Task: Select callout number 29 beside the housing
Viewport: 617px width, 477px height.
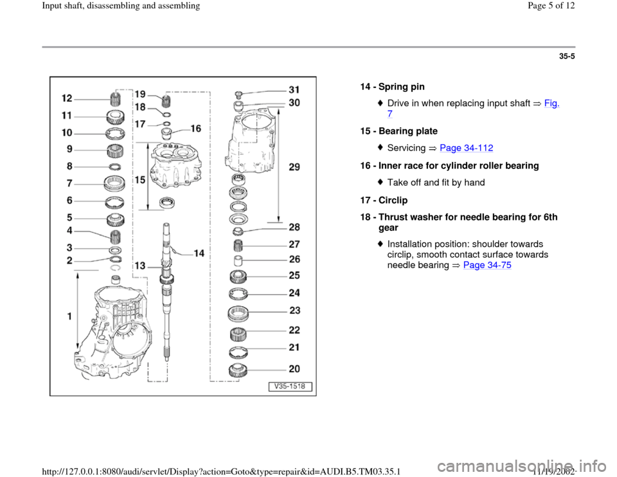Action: [x=294, y=167]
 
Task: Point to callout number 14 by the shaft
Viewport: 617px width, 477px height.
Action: [x=199, y=253]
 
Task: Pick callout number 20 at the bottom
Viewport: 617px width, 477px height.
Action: [x=294, y=369]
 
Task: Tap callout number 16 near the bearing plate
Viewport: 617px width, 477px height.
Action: [x=195, y=129]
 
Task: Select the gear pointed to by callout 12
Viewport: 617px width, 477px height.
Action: [x=117, y=100]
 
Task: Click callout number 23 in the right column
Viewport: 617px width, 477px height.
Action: [x=294, y=310]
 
